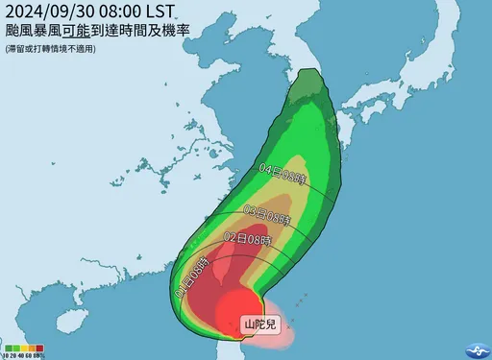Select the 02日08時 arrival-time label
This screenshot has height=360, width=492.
[248, 238]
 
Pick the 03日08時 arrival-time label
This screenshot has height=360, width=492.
[267, 210]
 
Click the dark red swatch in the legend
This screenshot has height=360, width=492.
[38, 348]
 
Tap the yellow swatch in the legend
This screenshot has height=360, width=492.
[24, 348]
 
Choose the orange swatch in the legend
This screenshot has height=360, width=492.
[31, 348]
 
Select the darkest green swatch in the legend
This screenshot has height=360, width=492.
[9, 348]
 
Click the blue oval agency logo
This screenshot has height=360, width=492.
[475, 349]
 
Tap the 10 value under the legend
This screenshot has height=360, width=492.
[6, 355]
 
